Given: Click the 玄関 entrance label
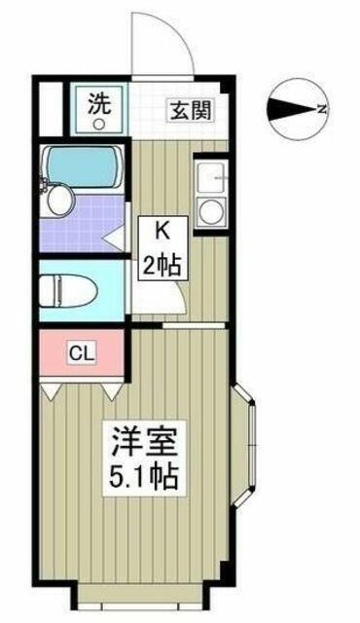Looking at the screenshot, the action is tap(190, 110).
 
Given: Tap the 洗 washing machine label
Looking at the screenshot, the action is tap(98, 103).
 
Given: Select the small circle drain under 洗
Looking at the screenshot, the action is tap(98, 125).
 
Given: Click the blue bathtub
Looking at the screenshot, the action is tap(84, 166).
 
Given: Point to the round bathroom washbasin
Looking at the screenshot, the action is tap(60, 202).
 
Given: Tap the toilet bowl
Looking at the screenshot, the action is tap(68, 291).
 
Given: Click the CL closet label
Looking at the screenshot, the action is tap(82, 353).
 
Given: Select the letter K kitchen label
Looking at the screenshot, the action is tap(162, 232).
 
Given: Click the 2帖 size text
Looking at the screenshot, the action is tap(162, 265).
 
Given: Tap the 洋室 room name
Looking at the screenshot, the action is tap(144, 442).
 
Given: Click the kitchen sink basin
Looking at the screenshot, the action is tap(211, 177).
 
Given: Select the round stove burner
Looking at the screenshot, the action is tap(211, 212).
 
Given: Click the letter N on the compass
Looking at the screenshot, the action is tap(322, 109).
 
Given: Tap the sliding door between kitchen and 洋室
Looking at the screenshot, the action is tap(195, 326).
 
